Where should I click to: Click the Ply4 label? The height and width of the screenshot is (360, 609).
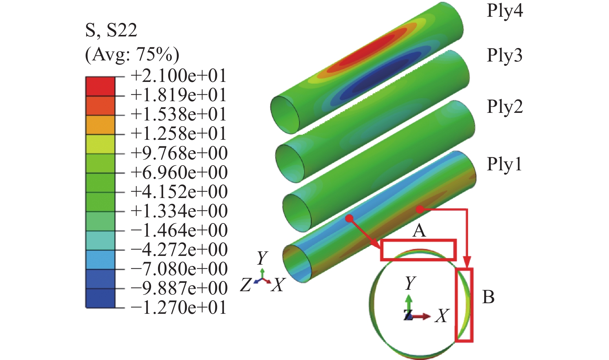click(505, 11)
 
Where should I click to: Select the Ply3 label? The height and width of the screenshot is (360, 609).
click(505, 56)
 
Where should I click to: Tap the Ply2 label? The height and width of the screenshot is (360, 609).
click(505, 107)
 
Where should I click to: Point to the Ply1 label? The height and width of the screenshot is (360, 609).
click(504, 164)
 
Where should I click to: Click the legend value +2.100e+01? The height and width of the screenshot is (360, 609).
click(179, 76)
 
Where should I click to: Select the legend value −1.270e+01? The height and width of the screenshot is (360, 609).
click(179, 308)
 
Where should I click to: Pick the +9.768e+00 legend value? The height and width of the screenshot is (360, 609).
click(179, 153)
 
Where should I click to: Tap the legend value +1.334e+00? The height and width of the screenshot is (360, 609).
click(179, 211)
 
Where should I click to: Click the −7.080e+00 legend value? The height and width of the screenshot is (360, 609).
click(179, 269)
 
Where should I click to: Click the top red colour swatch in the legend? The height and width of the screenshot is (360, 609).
click(100, 87)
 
